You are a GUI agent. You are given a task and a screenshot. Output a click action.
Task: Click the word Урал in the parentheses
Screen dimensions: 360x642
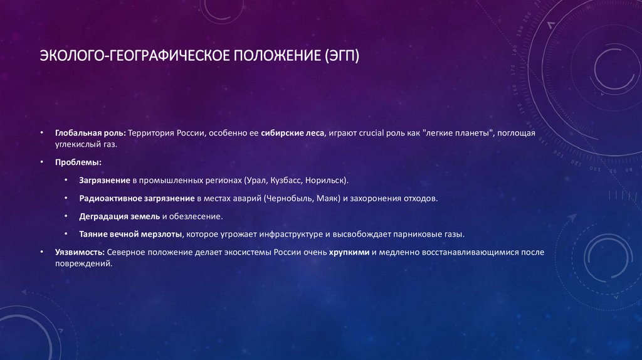pos(256,180)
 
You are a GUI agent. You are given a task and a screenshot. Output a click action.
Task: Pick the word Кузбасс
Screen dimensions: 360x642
pos(285,180)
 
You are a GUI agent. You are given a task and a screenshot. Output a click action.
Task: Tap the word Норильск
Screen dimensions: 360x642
pos(325,180)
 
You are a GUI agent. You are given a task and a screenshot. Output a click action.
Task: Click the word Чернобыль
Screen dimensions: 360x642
pos(288,198)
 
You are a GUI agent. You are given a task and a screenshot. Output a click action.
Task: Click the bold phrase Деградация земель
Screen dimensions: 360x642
pos(119,216)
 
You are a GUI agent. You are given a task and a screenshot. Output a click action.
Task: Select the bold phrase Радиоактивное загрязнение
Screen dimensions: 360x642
pos(136,198)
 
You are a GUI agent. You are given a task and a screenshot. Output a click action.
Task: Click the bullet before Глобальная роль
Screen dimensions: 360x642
pos(41,134)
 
